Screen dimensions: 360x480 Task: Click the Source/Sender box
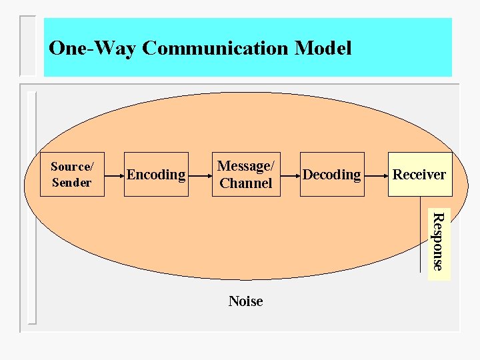[72, 175]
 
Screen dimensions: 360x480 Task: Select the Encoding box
[156, 175]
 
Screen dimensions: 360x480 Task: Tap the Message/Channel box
[245, 175]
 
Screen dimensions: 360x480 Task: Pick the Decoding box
[331, 175]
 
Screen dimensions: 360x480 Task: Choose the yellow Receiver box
[420, 175]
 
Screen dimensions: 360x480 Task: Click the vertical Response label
[437, 241]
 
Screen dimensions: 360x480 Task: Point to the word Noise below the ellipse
[245, 301]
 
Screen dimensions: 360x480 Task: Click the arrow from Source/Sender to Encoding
[115, 175]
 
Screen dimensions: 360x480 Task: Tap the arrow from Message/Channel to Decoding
[289, 175]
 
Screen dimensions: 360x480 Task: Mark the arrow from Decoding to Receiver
[376, 175]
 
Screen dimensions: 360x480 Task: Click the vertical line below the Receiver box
[420, 233]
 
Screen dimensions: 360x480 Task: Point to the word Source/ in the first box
[72, 167]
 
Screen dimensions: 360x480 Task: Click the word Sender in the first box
[71, 182]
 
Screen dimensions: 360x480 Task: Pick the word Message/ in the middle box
[245, 166]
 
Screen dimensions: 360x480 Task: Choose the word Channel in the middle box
[245, 183]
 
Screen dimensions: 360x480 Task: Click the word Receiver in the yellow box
[419, 175]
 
